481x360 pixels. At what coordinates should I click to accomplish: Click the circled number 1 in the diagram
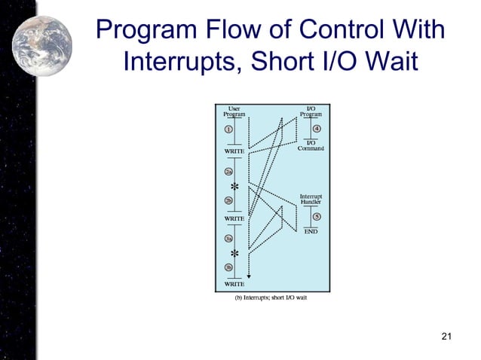click(x=228, y=128)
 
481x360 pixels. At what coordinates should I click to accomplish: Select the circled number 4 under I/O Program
click(x=317, y=129)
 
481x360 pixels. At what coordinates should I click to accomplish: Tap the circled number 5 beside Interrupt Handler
click(x=317, y=217)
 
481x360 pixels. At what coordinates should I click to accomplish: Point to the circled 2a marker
click(x=228, y=171)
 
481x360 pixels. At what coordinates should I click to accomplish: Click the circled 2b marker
click(x=228, y=200)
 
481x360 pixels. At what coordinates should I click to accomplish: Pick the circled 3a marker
click(x=228, y=238)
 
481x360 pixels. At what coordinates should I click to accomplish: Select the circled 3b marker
click(x=228, y=267)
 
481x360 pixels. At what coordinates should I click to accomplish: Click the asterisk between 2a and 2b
click(x=234, y=186)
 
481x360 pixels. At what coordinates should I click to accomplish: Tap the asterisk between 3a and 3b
click(x=234, y=254)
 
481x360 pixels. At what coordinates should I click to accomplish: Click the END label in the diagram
click(x=311, y=232)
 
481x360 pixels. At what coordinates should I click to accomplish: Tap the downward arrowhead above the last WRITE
click(x=249, y=276)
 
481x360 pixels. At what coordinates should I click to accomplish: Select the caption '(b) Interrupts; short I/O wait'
click(x=271, y=297)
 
